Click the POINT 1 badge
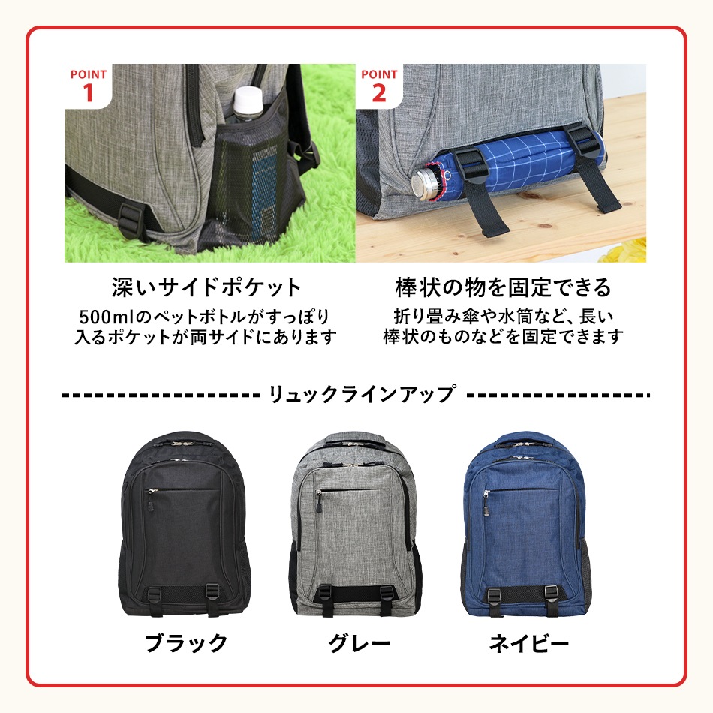coord(88,85)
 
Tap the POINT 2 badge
coord(379,85)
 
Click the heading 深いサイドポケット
coord(206,287)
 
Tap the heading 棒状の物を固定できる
coord(504,287)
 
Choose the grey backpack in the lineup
coord(353,532)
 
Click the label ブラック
coord(185,643)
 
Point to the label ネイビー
coord(528,643)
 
